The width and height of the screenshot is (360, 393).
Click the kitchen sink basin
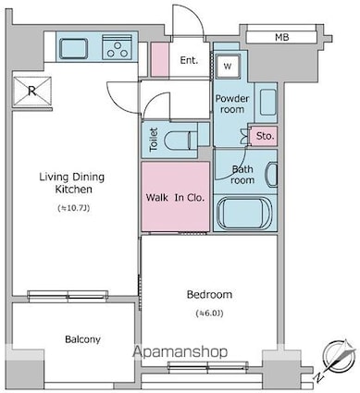pyautogui.click(x=73, y=48)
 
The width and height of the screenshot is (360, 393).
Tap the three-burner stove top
pyautogui.click(x=118, y=46)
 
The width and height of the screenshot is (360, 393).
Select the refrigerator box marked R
pyautogui.click(x=32, y=91)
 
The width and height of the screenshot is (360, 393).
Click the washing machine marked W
pyautogui.click(x=228, y=66)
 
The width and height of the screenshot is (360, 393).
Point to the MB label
pyautogui.click(x=282, y=38)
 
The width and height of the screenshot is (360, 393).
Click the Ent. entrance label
pyautogui.click(x=189, y=60)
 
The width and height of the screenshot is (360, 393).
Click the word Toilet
pyautogui.click(x=154, y=140)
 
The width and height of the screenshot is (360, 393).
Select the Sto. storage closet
pyautogui.click(x=264, y=136)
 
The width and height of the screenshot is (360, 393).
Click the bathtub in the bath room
pyautogui.click(x=243, y=213)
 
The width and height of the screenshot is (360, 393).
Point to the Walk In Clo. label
pyautogui.click(x=175, y=197)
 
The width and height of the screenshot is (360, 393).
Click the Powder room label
pyautogui.click(x=232, y=104)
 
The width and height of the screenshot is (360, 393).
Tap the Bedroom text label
pyautogui.click(x=209, y=294)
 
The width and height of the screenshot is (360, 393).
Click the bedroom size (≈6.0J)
pyautogui.click(x=209, y=313)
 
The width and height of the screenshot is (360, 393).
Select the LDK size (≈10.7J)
pyautogui.click(x=74, y=208)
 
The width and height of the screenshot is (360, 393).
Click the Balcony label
pyautogui.click(x=82, y=339)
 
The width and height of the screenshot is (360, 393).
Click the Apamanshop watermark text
pyautogui.click(x=180, y=351)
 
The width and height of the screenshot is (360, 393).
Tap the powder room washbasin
pyautogui.click(x=267, y=103)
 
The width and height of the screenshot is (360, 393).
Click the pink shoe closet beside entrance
pyautogui.click(x=160, y=59)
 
